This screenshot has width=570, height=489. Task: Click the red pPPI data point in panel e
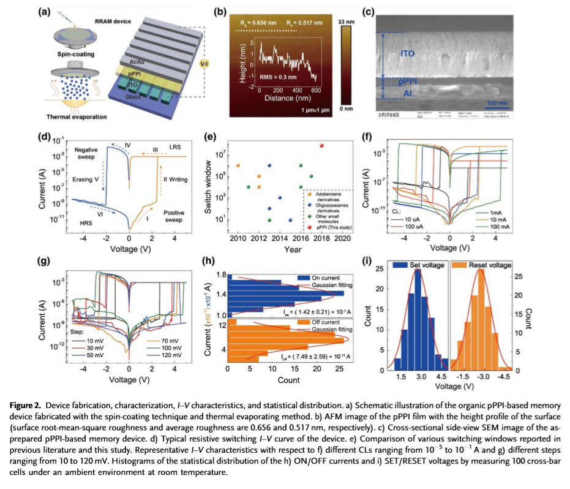(322, 145)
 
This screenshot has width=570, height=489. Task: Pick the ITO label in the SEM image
(408, 54)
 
